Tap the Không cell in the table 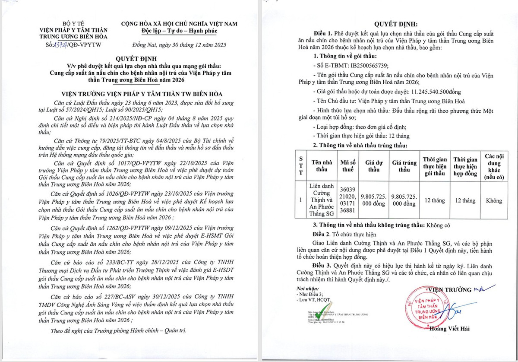(x=494, y=200)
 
